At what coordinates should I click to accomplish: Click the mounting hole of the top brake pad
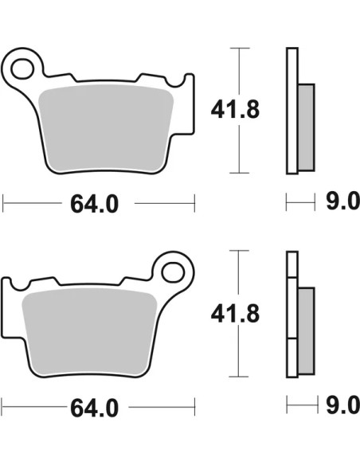click(22, 68)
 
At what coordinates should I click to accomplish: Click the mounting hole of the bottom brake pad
click(173, 272)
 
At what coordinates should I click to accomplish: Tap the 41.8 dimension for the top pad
click(235, 110)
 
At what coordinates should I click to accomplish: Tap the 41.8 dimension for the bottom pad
click(235, 314)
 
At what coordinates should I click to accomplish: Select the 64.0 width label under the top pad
click(94, 204)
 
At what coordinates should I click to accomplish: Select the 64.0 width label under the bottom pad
click(94, 408)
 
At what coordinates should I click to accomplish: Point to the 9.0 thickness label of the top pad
click(342, 201)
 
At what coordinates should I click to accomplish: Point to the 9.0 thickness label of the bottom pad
click(342, 405)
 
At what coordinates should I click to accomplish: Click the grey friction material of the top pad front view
click(106, 128)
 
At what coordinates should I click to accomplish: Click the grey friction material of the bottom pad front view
click(89, 332)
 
